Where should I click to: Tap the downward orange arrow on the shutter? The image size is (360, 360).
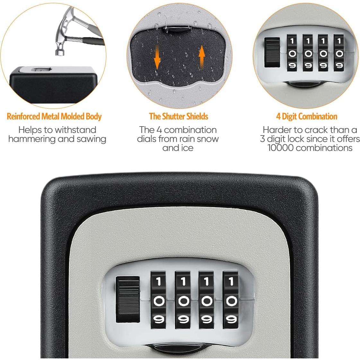(x=157, y=57)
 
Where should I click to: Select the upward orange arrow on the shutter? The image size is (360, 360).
(x=201, y=57)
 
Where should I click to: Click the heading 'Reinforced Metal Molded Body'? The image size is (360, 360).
(x=54, y=116)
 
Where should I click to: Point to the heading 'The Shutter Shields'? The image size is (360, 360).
(x=179, y=116)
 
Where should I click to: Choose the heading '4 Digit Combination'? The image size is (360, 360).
(x=307, y=116)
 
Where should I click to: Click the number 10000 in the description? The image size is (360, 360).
(x=281, y=148)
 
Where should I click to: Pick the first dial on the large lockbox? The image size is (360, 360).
(x=159, y=301)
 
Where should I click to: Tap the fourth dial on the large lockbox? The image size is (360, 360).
(x=231, y=301)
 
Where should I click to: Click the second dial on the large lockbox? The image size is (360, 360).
(x=183, y=301)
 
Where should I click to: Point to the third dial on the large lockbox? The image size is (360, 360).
(x=207, y=301)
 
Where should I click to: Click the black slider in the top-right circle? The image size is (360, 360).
(x=272, y=52)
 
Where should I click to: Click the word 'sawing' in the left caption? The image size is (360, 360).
(x=91, y=139)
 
